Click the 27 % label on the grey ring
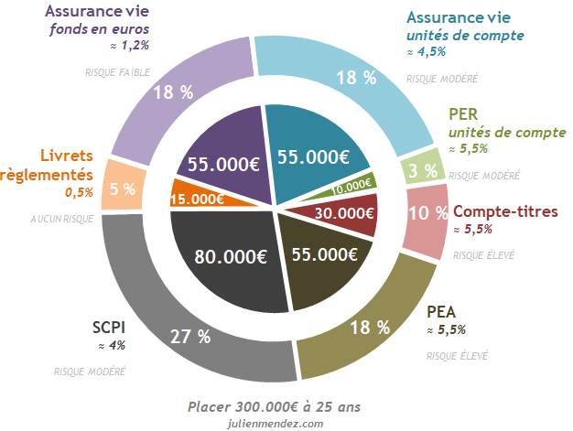190,336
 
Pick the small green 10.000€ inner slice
351,183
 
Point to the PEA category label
442,311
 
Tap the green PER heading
465,114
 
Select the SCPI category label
109,327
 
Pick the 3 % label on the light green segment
422,170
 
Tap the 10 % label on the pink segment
427,213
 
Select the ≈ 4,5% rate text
426,52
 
